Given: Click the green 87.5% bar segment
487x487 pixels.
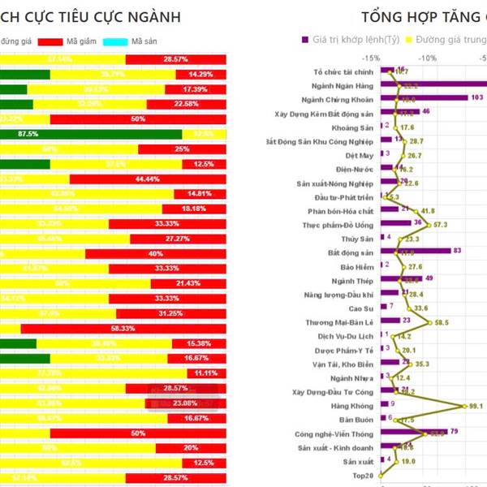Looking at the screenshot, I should (x=89, y=133).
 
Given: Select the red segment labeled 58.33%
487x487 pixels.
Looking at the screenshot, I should (x=126, y=328).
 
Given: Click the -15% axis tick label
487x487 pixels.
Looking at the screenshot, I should (x=372, y=58).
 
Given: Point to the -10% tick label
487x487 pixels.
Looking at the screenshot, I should (x=429, y=58).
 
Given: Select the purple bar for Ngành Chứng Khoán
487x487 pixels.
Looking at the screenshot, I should (x=423, y=97).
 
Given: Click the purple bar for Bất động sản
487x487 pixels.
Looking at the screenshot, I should (x=415, y=251).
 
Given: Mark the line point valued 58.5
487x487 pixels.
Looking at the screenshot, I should (x=430, y=322).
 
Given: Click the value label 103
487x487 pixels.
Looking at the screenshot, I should (x=477, y=97).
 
